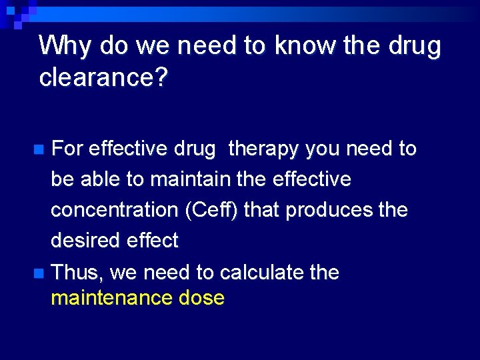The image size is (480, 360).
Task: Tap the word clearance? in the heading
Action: tap(103, 77)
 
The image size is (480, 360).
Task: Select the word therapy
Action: tap(263, 149)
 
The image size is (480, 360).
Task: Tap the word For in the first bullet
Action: tap(67, 149)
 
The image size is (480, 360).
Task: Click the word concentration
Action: tap(114, 210)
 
